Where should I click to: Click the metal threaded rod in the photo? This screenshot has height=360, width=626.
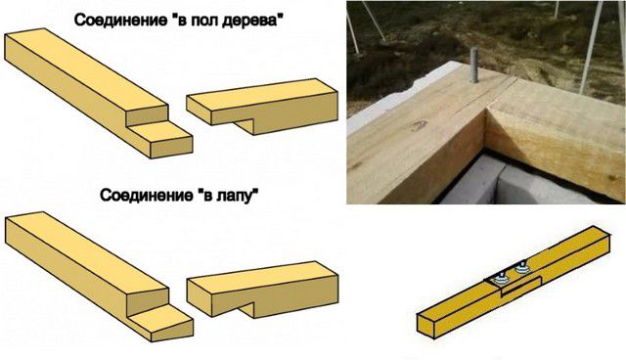tap(473, 66)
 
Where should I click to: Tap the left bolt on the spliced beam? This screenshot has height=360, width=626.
tap(499, 278)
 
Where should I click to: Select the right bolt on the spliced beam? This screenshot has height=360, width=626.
tap(520, 267)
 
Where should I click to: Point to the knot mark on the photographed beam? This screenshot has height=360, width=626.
tap(417, 126)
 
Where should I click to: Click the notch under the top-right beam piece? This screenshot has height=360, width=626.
tap(244, 124)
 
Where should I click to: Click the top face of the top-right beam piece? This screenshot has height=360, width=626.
tap(261, 94)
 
